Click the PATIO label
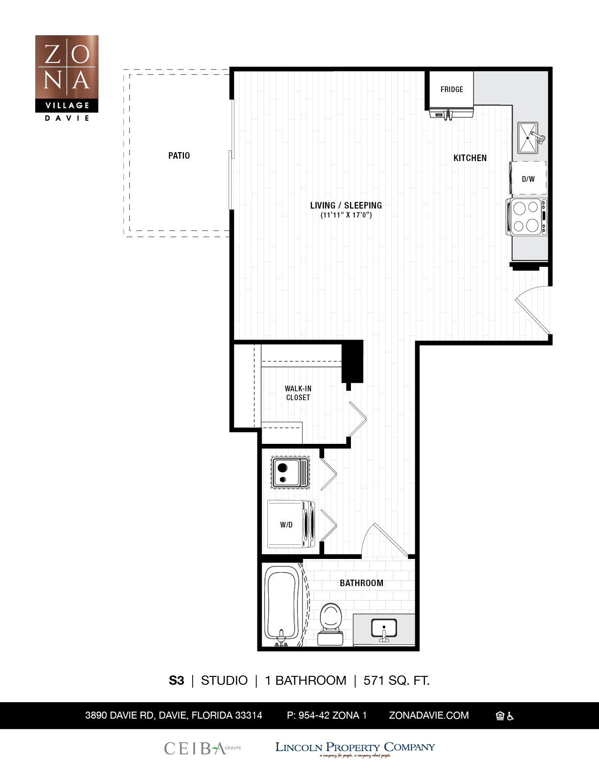pos(179,155)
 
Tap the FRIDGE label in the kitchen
pos(451,89)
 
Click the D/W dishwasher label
pos(528,179)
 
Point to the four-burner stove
pos(527,217)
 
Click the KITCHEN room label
pos(470,158)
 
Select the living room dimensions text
pos(346,215)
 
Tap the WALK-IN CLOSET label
pos(298,393)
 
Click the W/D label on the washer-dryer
pos(286,525)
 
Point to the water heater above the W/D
pos(290,472)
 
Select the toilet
pos(330,624)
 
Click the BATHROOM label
pos(361,583)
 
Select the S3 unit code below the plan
pos(176,681)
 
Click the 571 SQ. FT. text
pos(397,681)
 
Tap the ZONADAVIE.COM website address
pos(429,715)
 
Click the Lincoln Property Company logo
pos(355,749)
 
